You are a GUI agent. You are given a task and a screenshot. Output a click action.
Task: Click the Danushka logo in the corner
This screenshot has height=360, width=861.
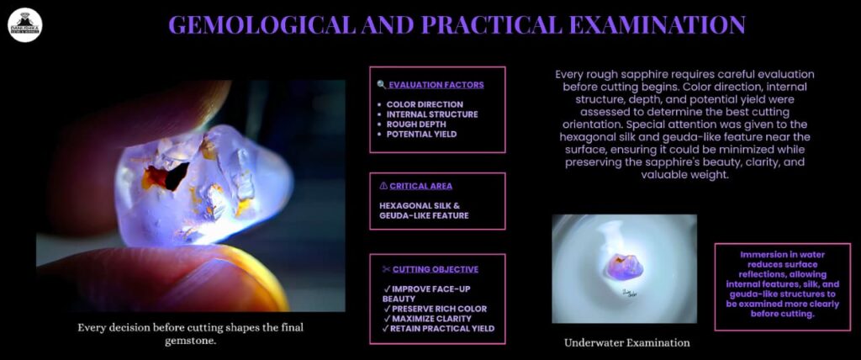[x=25, y=25]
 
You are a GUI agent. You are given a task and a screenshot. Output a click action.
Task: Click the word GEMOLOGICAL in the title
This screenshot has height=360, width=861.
[x=262, y=25]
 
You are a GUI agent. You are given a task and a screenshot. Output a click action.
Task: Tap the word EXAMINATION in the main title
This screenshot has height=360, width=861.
[x=648, y=25]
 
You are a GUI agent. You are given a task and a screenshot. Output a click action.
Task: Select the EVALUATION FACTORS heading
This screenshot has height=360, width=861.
[x=436, y=85]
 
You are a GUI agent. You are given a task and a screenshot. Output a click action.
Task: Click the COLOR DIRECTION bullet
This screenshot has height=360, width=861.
[x=425, y=104]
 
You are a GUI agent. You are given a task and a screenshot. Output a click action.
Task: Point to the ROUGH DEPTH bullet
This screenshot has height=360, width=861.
[x=416, y=124]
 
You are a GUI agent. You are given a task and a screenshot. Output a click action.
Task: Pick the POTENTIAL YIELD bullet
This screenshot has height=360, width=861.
[x=421, y=134]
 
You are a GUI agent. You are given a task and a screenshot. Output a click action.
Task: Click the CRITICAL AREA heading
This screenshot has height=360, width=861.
[x=420, y=187]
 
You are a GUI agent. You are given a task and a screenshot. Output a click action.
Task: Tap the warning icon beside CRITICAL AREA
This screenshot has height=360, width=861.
[x=383, y=187]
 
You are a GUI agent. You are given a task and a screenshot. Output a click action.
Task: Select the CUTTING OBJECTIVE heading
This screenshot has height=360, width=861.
[x=436, y=269]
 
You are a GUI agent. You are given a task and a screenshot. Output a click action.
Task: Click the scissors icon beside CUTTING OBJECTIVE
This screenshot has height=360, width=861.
[x=386, y=269]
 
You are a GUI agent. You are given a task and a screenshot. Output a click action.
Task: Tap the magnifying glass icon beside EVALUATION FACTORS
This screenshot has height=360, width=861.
[x=382, y=85]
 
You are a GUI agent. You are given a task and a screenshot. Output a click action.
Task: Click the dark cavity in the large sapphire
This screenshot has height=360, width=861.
[x=177, y=175]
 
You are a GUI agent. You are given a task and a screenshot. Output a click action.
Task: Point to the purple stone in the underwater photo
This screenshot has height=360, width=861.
[x=624, y=266]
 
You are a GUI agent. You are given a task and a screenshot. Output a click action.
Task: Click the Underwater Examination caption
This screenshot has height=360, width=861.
[x=626, y=343]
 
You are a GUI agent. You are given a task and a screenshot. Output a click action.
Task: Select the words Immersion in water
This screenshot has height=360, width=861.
[x=783, y=255]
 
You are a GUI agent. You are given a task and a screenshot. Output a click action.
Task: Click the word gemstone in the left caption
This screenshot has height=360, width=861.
[x=191, y=341]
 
